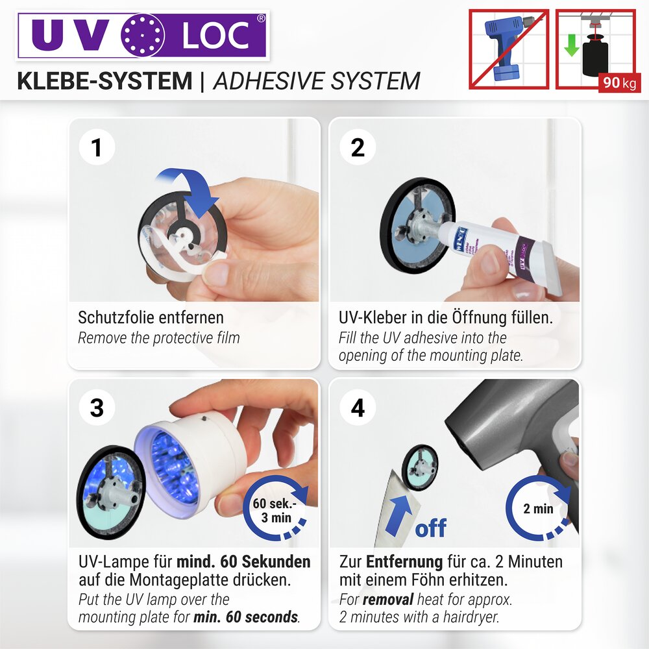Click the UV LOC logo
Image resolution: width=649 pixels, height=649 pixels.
tap(142, 35)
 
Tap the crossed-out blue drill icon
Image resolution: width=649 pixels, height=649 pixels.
tap(509, 49)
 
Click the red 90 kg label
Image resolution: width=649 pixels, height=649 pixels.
tap(619, 84)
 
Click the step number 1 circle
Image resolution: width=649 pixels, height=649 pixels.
tap(97, 148)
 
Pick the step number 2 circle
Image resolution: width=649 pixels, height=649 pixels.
tap(358, 148)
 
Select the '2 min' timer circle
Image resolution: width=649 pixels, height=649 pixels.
tap(539, 509)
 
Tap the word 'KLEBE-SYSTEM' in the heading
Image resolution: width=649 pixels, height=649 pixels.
tap(104, 81)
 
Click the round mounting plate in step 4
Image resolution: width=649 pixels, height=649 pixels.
tap(421, 466)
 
